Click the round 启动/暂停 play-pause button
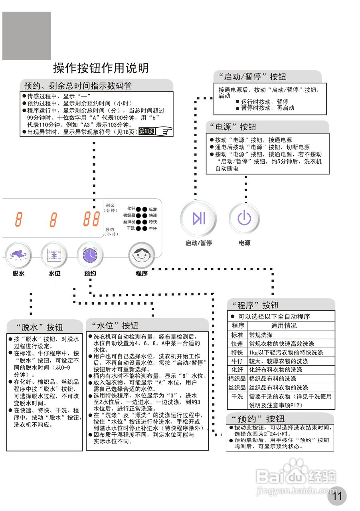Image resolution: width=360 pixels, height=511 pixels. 198,218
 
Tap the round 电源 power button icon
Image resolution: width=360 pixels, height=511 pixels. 244,218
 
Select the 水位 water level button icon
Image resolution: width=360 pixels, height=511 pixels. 54,255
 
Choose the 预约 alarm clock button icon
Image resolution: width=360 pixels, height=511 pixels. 90,255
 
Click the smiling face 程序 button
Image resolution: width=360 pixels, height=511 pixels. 142,255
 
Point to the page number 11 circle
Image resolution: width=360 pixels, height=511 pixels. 337,496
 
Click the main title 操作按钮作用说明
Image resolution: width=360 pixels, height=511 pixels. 101,68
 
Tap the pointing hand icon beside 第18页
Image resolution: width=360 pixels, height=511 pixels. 164,131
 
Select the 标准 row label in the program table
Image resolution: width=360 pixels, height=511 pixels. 237,335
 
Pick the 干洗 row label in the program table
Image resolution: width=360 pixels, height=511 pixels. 237,396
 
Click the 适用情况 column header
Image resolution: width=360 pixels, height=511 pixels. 284,326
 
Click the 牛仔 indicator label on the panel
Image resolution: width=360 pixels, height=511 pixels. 153,228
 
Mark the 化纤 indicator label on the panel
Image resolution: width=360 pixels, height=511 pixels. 131,209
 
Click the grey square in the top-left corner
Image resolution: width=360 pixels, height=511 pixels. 27,36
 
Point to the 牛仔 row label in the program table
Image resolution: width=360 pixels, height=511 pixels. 237,361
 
